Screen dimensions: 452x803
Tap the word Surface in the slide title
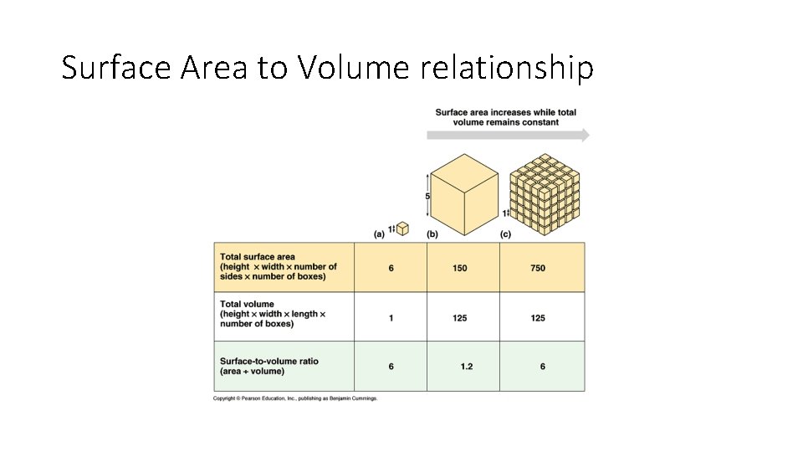pos(117,68)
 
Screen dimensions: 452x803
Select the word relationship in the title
pos(507,68)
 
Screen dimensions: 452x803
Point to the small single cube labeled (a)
pos(402,228)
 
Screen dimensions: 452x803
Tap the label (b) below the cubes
pos(432,234)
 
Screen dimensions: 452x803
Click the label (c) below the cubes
pos(505,234)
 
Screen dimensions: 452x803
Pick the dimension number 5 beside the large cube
pos(427,197)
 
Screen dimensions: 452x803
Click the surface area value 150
pos(460,268)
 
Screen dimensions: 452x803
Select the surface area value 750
pos(538,268)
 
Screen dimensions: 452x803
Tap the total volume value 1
pos(391,318)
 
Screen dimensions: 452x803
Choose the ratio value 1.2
pos(467,367)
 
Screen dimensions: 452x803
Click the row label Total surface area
pos(258,257)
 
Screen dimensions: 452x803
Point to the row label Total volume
pos(247,304)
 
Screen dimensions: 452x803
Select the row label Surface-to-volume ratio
pos(269,362)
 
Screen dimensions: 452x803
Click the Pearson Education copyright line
pos(295,398)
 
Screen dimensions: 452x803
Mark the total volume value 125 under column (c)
pos(538,318)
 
